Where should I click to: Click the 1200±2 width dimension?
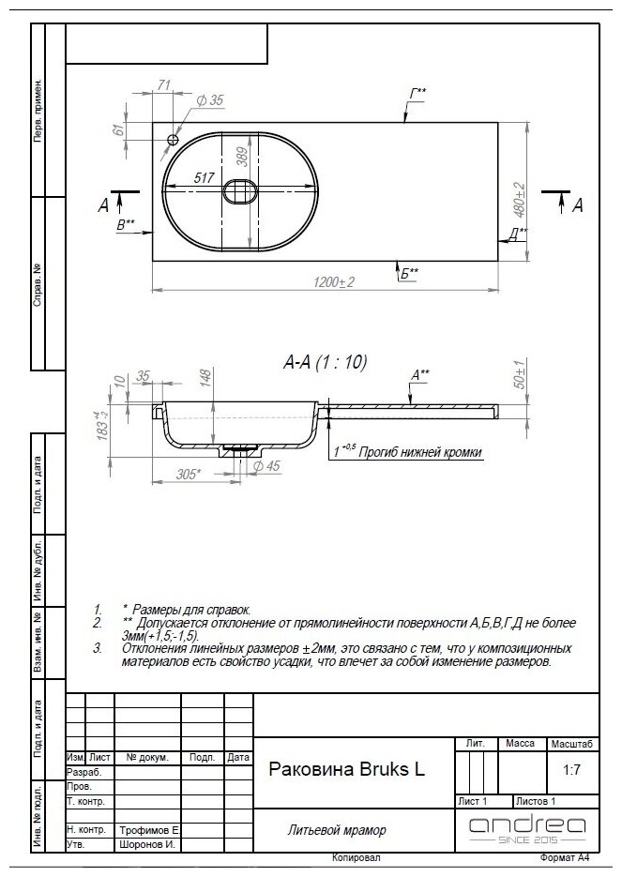pyautogui.click(x=333, y=282)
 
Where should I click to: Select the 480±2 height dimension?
pyautogui.click(x=519, y=200)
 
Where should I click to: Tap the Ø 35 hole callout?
pyautogui.click(x=210, y=100)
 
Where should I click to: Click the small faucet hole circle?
pyautogui.click(x=173, y=140)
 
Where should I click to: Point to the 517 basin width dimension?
pyautogui.click(x=204, y=178)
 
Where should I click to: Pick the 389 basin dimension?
pyautogui.click(x=242, y=157)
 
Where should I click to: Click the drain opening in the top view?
pyautogui.click(x=240, y=191)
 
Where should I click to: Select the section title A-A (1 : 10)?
pyautogui.click(x=325, y=362)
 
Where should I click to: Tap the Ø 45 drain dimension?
pyautogui.click(x=266, y=466)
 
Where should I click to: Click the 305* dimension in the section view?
pyautogui.click(x=188, y=475)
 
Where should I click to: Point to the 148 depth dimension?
pyautogui.click(x=205, y=378)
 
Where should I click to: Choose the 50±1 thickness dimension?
pyautogui.click(x=519, y=374)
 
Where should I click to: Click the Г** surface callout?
pyautogui.click(x=417, y=93)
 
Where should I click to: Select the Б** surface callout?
pyautogui.click(x=409, y=274)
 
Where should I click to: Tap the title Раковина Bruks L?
pyautogui.click(x=347, y=768)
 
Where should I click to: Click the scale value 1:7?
pyautogui.click(x=571, y=770)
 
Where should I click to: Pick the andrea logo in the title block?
pyautogui.click(x=527, y=829)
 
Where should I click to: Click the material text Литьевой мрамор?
pyautogui.click(x=337, y=830)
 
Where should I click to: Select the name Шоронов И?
pyautogui.click(x=147, y=844)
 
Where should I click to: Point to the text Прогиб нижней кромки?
pyautogui.click(x=419, y=452)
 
